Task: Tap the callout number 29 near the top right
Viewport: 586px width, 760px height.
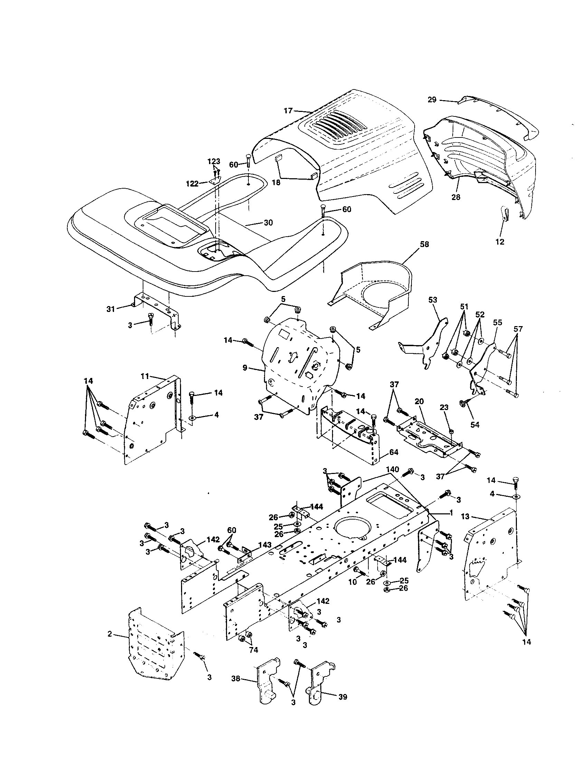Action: coord(432,100)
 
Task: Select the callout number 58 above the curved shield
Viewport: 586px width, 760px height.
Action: coord(424,244)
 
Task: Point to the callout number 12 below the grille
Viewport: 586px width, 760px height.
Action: coord(500,242)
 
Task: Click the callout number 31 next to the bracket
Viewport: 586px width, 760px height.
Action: coord(111,308)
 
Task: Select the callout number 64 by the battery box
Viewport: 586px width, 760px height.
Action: coord(394,452)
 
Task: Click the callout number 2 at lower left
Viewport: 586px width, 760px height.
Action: coord(110,634)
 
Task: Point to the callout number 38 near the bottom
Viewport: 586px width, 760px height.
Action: coord(236,678)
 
